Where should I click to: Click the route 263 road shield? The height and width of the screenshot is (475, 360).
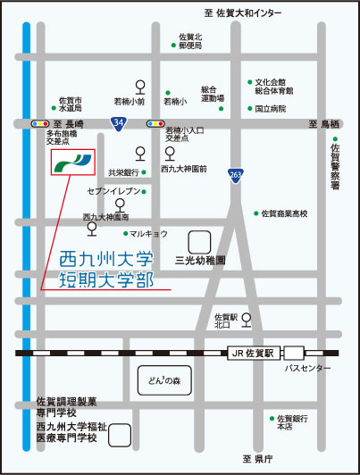(x=235, y=175)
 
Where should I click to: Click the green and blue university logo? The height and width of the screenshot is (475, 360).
(x=72, y=162)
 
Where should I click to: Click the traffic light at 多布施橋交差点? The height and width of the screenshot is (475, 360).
(x=40, y=123)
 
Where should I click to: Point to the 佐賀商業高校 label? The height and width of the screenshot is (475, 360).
(x=285, y=214)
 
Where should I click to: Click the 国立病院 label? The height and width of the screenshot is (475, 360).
(x=271, y=109)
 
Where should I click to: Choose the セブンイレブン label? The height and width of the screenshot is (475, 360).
(x=113, y=192)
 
